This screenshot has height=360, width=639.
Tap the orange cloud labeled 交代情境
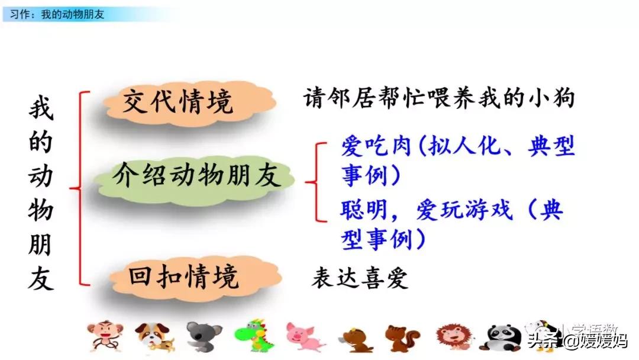click(177, 103)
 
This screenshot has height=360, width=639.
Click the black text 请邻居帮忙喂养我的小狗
click(438, 98)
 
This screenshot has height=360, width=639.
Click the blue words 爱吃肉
click(376, 146)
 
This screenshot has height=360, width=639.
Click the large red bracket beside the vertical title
click(80, 188)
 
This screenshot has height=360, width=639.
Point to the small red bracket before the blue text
click(317, 181)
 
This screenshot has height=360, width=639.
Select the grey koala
click(204, 337)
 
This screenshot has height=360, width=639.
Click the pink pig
click(303, 337)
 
